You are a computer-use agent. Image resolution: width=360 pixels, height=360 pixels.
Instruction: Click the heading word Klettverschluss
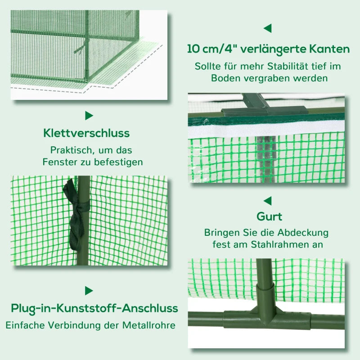(86, 133)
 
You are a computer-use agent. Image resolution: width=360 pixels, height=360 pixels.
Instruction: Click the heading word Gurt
(269, 217)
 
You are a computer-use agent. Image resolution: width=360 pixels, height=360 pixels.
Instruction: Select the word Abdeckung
(303, 233)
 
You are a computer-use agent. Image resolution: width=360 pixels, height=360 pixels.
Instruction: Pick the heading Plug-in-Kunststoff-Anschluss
(94, 309)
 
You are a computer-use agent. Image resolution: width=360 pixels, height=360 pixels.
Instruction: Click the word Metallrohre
(149, 325)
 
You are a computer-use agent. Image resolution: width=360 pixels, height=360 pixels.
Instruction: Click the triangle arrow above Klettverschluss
(89, 116)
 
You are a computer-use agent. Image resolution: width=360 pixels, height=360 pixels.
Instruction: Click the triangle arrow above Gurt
(267, 201)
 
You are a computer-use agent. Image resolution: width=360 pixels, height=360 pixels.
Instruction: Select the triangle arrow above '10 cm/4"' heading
(267, 28)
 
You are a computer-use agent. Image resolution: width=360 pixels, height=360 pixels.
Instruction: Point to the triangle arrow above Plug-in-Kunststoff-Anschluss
(89, 291)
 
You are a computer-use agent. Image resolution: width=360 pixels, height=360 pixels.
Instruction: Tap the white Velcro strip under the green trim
(266, 131)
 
